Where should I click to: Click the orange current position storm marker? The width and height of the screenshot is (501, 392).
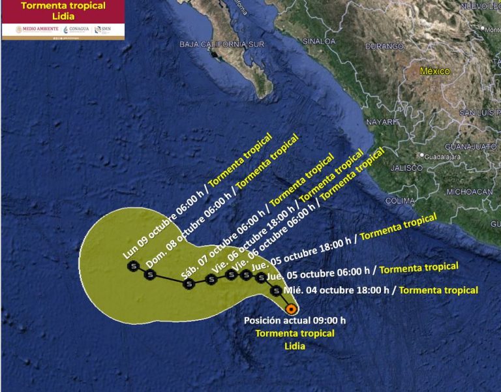pos(291,309)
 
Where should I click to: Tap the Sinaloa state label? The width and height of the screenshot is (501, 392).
pos(318,41)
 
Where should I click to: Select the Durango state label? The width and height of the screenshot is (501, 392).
pos(384,47)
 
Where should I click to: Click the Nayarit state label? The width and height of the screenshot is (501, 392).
pos(382,122)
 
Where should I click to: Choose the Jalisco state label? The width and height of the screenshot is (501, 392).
pos(406,168)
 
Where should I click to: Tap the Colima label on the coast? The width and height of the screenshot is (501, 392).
pos(401,201)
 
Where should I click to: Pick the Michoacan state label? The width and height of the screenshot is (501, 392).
pos(469,192)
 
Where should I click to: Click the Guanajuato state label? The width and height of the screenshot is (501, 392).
pos(474,147)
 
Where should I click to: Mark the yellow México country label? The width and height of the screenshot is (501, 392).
pos(435,71)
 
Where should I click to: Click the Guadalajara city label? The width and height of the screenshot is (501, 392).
pos(442,157)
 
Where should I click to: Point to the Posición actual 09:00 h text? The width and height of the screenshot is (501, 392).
pos(294,320)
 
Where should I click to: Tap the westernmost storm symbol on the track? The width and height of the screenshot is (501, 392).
pos(134,266)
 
